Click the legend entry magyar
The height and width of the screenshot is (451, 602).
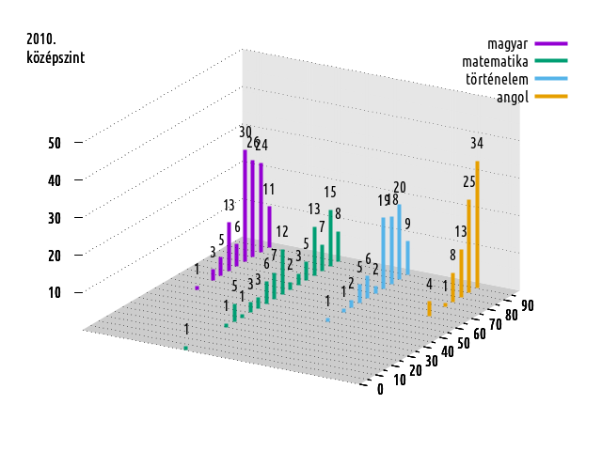[506, 43]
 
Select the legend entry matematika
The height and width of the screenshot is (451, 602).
[489, 60]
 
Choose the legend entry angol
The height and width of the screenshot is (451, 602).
[513, 96]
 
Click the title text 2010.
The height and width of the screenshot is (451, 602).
[41, 39]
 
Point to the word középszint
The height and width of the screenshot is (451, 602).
[55, 57]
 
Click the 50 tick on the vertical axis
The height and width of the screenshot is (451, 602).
[55, 143]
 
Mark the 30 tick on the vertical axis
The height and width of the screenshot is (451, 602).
[55, 217]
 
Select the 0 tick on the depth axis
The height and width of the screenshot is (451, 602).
[380, 390]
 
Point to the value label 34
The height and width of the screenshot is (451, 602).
[477, 144]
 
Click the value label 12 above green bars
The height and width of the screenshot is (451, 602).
[282, 231]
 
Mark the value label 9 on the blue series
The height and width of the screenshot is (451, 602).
[408, 223]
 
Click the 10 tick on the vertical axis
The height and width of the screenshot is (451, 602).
[55, 292]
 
